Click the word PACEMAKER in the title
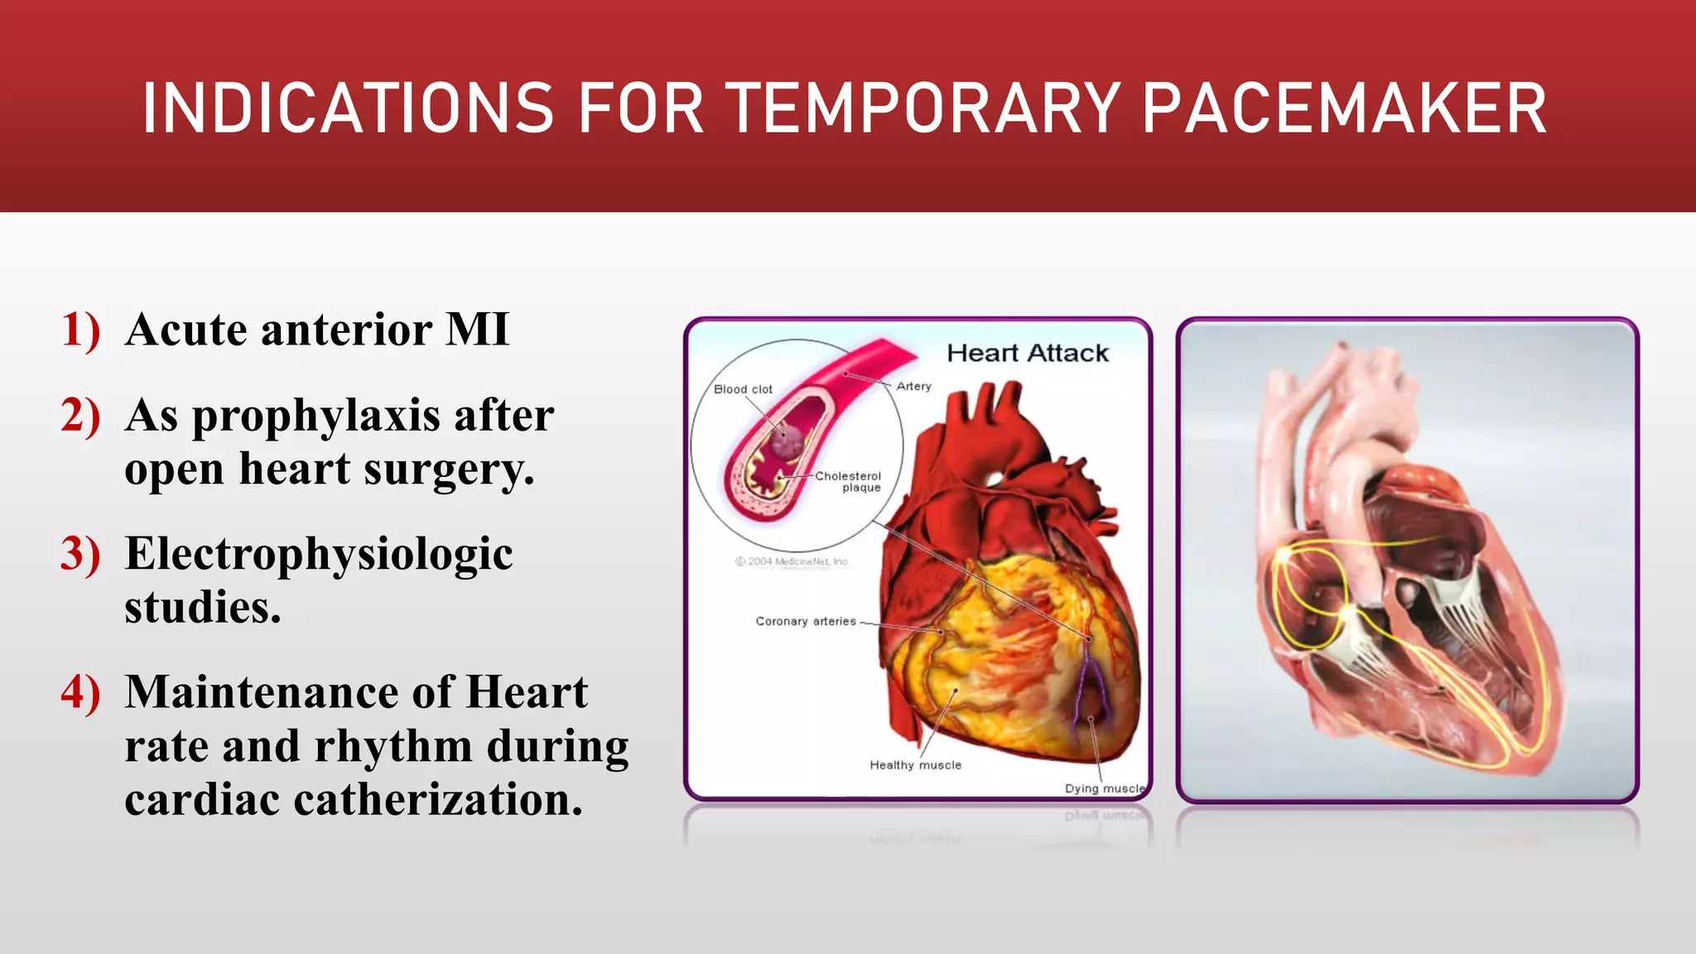1343,108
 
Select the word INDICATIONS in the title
348,108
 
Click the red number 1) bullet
80,330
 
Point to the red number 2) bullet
80,416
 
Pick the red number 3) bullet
80,554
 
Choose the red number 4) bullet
80,692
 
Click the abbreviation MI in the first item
477,330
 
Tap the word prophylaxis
316,417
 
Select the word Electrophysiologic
319,555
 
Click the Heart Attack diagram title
1027,354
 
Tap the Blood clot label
743,389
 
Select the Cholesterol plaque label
849,482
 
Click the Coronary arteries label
805,621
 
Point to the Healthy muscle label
915,765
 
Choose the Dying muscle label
1105,788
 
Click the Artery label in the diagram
913,387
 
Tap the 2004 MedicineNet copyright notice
793,561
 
